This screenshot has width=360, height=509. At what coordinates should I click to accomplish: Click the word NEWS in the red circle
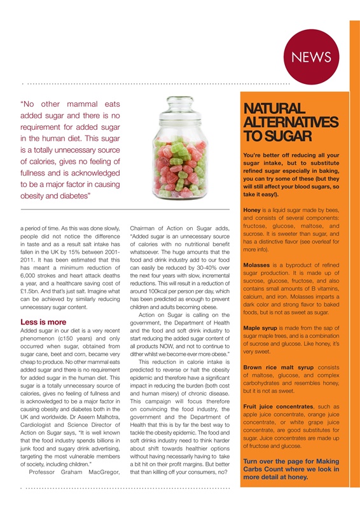point(312,57)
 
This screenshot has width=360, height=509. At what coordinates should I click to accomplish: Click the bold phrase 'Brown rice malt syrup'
point(273,366)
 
